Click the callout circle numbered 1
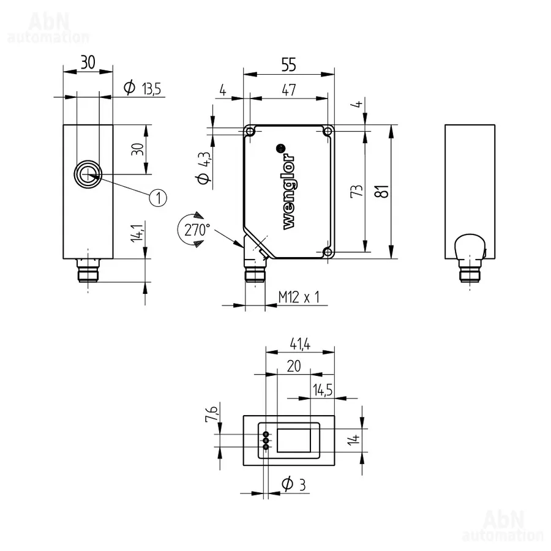(158, 198)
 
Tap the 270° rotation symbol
(196, 230)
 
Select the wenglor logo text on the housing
(289, 191)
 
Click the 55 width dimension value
(289, 65)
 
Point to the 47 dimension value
(289, 90)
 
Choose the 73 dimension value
(356, 191)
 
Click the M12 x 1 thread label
(299, 298)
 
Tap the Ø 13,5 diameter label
(142, 88)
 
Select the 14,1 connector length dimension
(137, 233)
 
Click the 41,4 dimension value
(300, 343)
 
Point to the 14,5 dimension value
(323, 390)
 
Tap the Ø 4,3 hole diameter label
(204, 168)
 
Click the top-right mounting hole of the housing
(328, 132)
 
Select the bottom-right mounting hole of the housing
(328, 252)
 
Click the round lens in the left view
(88, 174)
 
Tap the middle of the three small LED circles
(266, 440)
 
